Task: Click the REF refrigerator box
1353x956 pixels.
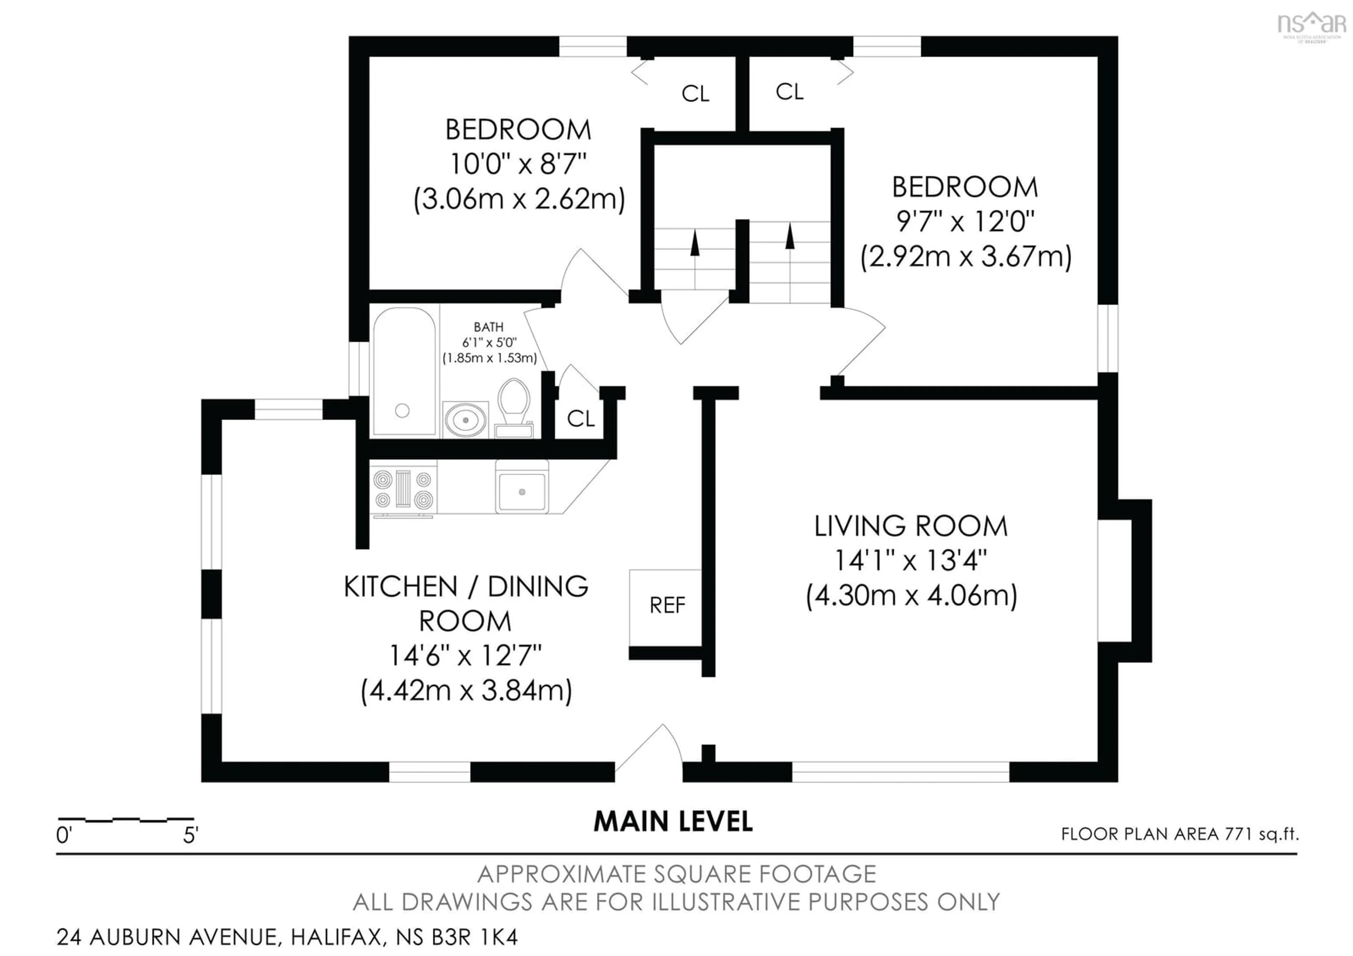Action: coord(666,607)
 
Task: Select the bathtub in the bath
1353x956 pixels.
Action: coord(404,371)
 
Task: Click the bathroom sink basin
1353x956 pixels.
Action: coord(465,419)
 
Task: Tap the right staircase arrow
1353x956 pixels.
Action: coord(790,236)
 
